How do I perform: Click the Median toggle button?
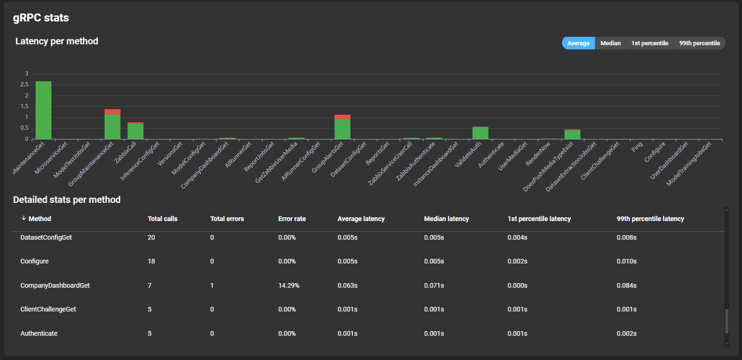[x=610, y=43]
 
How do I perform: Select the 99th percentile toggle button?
[x=699, y=43]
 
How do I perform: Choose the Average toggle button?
[x=578, y=43]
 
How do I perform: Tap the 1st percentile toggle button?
[x=649, y=43]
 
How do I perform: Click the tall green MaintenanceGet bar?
[x=43, y=111]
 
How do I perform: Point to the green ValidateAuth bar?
[x=480, y=133]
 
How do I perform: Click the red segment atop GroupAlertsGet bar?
[x=342, y=117]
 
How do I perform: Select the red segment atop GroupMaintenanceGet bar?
[x=112, y=111]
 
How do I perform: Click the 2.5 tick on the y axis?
[x=24, y=84]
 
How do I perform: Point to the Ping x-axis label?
[x=637, y=147]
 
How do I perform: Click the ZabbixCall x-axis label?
[x=125, y=152]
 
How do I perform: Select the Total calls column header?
[x=162, y=219]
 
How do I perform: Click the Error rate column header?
[x=292, y=219]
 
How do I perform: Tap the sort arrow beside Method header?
[x=23, y=218]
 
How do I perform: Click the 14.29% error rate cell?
[x=289, y=285]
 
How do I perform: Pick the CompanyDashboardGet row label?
[x=55, y=285]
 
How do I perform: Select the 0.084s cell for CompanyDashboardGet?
[x=626, y=285]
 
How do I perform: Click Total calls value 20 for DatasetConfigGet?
[x=151, y=237]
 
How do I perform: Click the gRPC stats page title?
[x=41, y=18]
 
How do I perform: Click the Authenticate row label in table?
[x=39, y=333]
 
